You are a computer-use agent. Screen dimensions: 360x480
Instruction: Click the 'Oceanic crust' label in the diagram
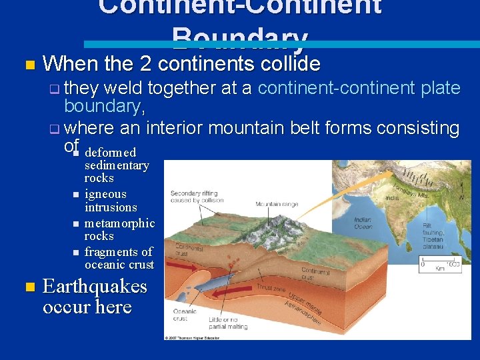coord(185,315)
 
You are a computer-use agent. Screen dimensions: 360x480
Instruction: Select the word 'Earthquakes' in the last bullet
coord(95,287)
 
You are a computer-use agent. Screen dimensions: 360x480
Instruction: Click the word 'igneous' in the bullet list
coord(105,194)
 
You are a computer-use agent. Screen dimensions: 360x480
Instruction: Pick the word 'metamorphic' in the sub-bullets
coord(119,223)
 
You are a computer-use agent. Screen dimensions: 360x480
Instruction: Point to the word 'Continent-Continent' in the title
coord(240,7)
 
